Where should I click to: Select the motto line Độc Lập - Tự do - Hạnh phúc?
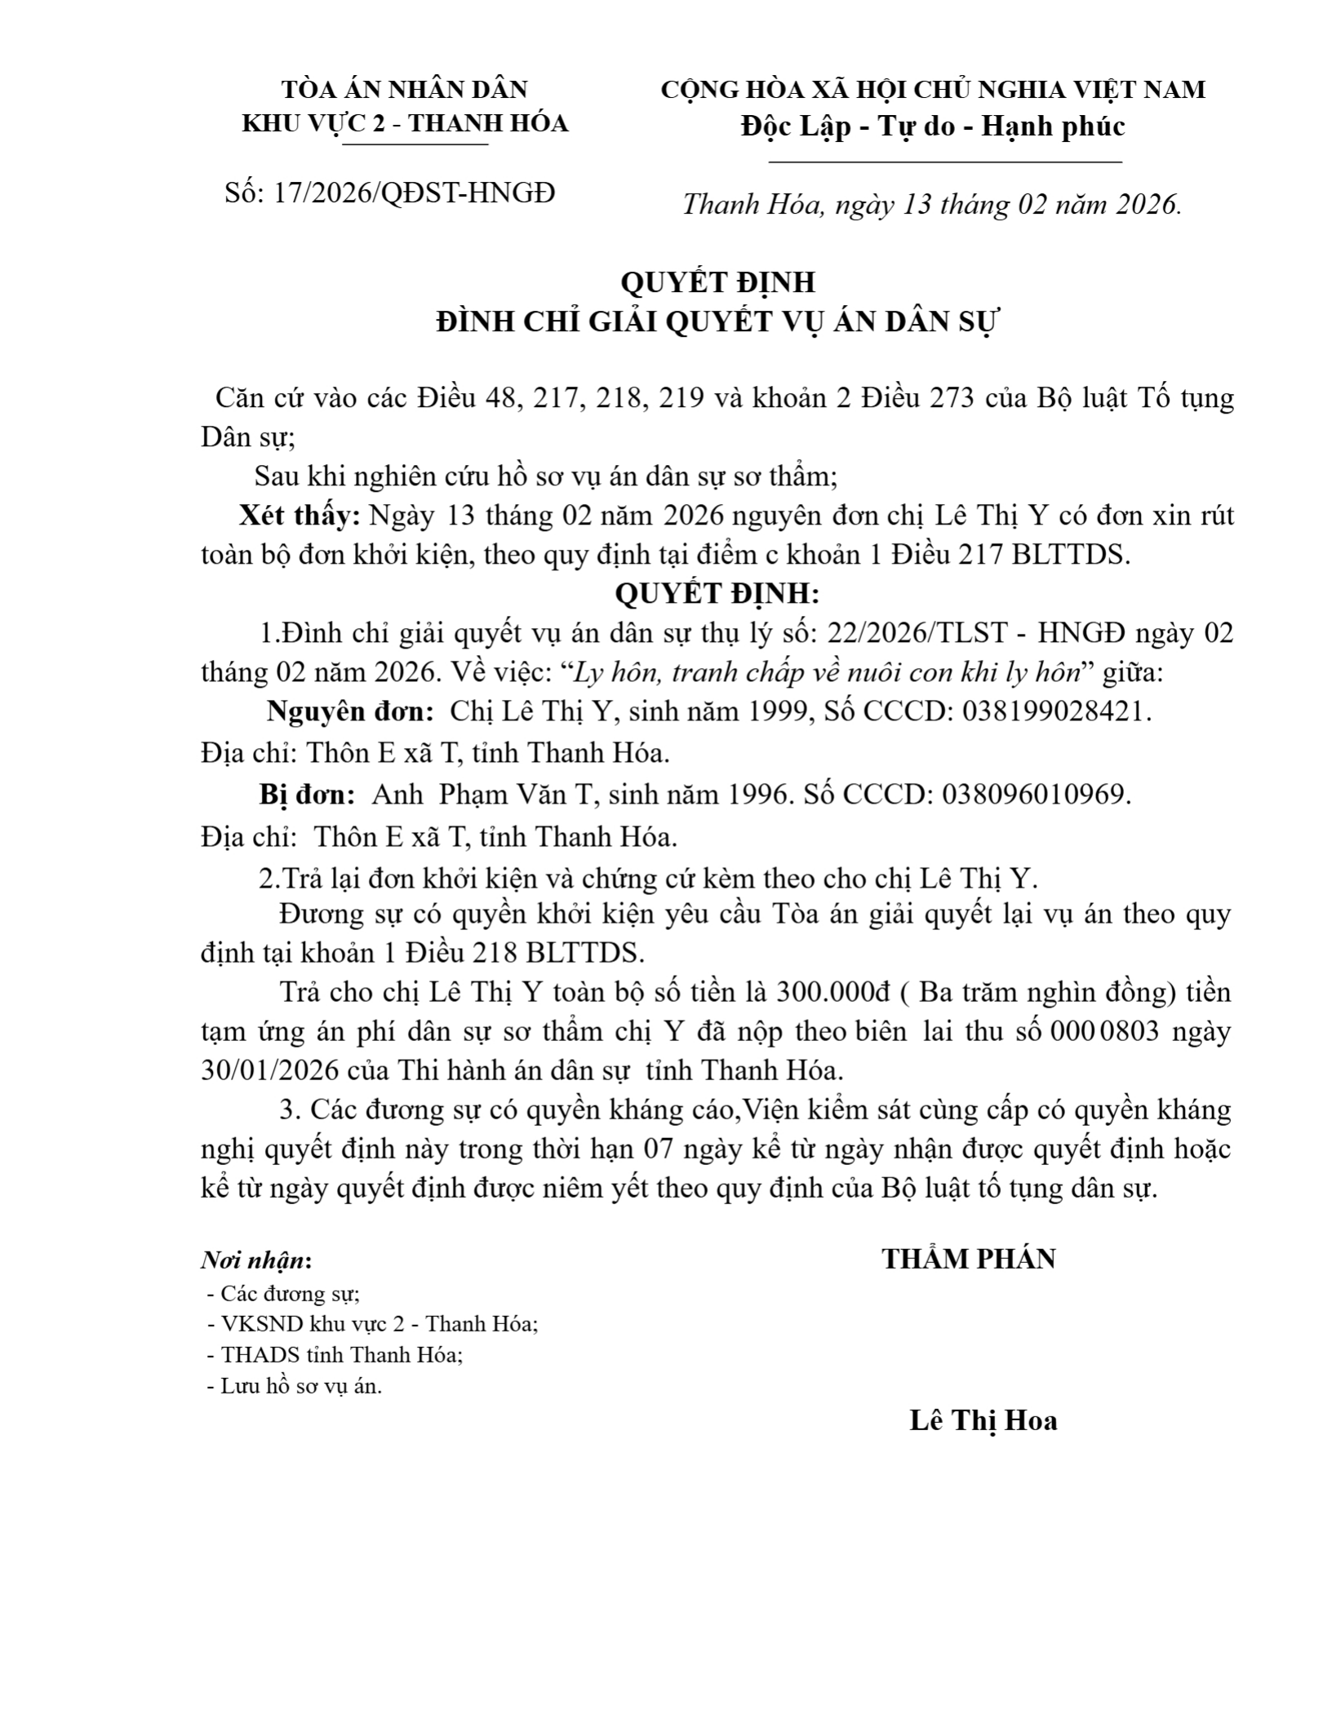tap(933, 126)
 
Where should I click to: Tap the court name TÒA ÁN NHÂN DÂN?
tap(405, 89)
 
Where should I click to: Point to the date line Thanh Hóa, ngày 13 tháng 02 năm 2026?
tap(931, 204)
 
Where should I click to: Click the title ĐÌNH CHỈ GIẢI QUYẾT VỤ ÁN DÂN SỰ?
tap(717, 321)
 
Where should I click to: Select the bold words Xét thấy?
tap(299, 516)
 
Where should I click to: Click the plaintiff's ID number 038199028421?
tap(1054, 711)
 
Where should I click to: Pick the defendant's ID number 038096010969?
tap(1035, 794)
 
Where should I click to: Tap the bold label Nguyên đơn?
tap(350, 711)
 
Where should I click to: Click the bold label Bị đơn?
tap(307, 794)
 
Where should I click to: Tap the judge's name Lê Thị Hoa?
tap(983, 1420)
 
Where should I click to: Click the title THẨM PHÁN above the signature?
tap(968, 1259)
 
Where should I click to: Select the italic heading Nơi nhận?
tap(256, 1260)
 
